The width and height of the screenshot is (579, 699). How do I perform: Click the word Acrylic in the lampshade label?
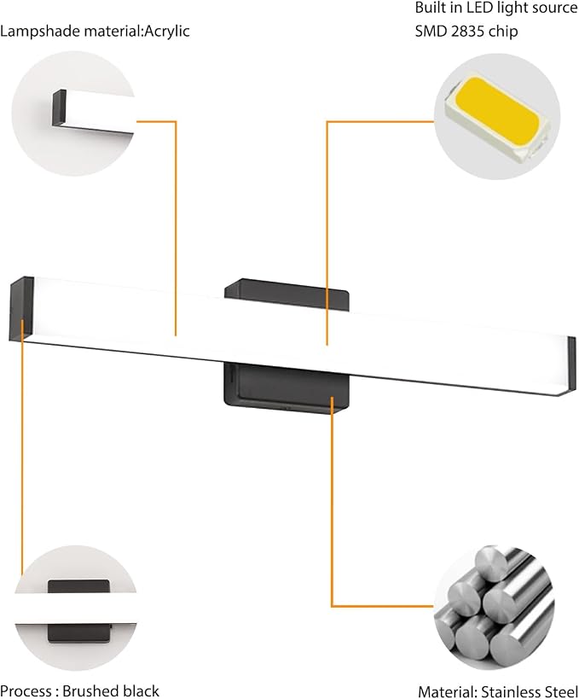coord(167,32)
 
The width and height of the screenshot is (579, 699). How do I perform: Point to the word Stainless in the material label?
coord(511,692)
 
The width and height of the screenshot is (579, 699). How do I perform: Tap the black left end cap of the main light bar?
coord(21,308)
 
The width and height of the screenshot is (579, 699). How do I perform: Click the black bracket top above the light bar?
coord(287,293)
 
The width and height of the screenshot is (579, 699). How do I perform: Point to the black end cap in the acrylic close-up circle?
coord(59,108)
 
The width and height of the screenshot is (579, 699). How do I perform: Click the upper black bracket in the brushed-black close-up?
coord(78,585)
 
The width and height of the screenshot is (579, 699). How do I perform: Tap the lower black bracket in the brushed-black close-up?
coord(79,632)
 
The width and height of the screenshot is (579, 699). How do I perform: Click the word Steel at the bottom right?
coord(561,692)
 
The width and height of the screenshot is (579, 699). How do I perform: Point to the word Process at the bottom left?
coord(26,690)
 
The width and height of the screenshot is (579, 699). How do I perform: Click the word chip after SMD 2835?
coord(505,32)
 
